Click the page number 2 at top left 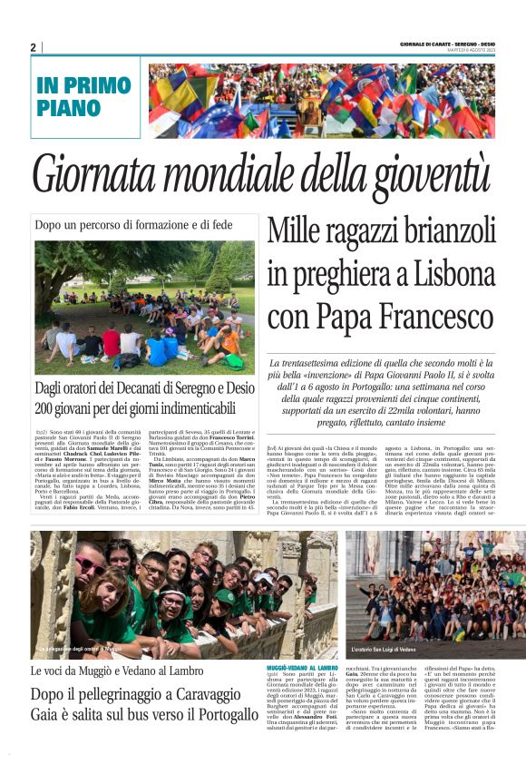click(33, 47)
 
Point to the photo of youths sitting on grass click(143, 303)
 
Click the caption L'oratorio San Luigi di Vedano click(395, 651)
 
